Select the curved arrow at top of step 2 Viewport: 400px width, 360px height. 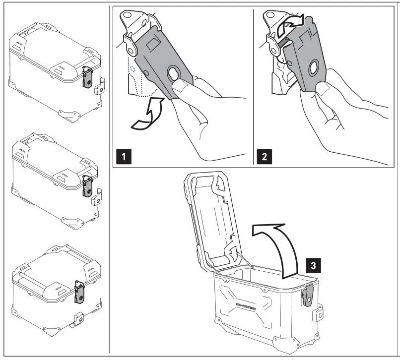[x=290, y=25]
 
